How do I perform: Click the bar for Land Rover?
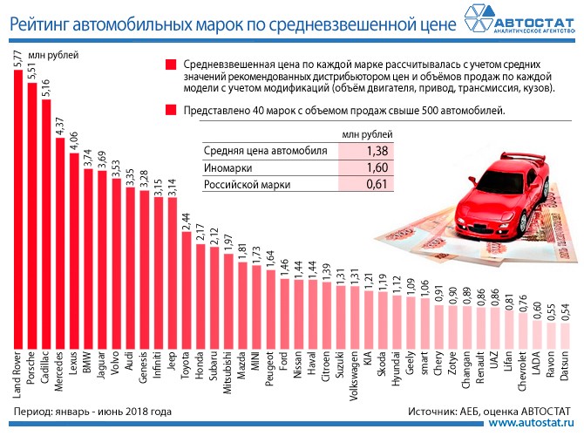(x=19, y=209)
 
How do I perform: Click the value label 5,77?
(x=18, y=60)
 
